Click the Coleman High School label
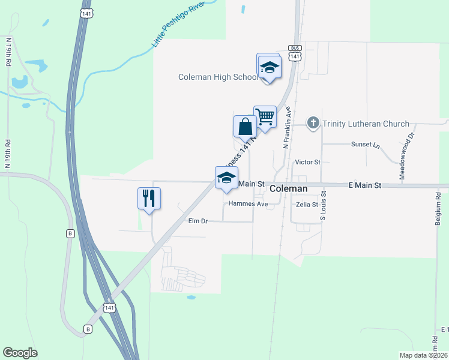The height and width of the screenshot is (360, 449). click(218, 77)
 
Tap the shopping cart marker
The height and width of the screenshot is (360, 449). click(265, 116)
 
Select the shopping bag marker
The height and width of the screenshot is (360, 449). click(245, 127)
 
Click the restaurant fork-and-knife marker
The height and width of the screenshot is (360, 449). click(149, 199)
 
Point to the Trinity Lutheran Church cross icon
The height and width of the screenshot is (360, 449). click(313, 124)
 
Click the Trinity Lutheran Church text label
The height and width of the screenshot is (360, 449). click(366, 124)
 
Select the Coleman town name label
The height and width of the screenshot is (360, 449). click(288, 188)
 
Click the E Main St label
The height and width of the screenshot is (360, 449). click(365, 186)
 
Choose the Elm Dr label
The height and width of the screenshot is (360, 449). click(197, 221)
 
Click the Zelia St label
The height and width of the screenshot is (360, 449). click(306, 205)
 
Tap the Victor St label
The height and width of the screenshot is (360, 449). click(308, 162)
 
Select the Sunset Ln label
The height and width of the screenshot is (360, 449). click(367, 145)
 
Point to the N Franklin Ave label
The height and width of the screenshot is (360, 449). click(288, 128)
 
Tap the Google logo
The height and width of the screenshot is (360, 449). click(20, 353)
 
